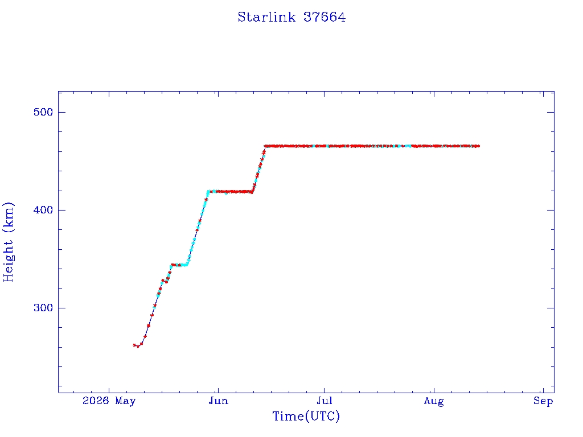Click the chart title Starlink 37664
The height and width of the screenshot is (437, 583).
click(291, 17)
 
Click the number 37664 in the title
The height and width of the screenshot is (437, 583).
click(325, 17)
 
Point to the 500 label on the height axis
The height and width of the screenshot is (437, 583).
click(43, 112)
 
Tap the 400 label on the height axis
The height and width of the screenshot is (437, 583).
click(43, 210)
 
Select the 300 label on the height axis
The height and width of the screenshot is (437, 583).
click(43, 308)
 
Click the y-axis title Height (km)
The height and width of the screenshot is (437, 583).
click(8, 242)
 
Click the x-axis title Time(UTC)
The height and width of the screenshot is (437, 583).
click(306, 416)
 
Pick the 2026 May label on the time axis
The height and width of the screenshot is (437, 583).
click(109, 401)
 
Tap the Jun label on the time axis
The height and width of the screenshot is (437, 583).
click(218, 401)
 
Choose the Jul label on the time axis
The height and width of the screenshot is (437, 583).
click(324, 401)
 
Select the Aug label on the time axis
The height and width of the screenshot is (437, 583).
click(434, 401)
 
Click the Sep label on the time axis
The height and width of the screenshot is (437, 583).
click(543, 401)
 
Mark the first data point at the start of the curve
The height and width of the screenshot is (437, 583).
click(134, 345)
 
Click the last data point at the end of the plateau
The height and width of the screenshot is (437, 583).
click(478, 146)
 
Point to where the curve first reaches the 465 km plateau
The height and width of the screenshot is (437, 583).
click(265, 146)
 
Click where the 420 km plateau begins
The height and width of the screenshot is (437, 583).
click(208, 191)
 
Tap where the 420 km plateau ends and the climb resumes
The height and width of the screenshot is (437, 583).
click(252, 192)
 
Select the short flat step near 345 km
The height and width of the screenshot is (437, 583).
click(179, 265)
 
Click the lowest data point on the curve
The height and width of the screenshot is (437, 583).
click(138, 347)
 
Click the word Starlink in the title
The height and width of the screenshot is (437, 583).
click(266, 17)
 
